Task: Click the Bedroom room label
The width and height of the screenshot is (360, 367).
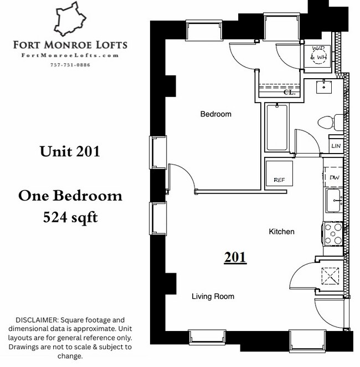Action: pyautogui.click(x=215, y=114)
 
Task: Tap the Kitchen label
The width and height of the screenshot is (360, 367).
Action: pyautogui.click(x=281, y=232)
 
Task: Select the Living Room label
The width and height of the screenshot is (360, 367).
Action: pyautogui.click(x=213, y=297)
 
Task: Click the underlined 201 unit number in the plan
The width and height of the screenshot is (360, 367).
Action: pyautogui.click(x=235, y=257)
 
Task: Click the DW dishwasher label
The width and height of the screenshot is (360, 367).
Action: pyautogui.click(x=334, y=177)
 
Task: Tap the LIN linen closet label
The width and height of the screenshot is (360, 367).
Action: pyautogui.click(x=336, y=146)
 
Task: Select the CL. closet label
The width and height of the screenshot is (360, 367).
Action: pyautogui.click(x=289, y=93)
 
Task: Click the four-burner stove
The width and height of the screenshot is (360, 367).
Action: pyautogui.click(x=334, y=233)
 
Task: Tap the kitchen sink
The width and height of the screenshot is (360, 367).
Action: pyautogui.click(x=334, y=200)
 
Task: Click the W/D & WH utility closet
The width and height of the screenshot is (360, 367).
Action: pyautogui.click(x=319, y=53)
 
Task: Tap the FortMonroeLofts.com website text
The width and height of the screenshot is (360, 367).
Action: pyautogui.click(x=70, y=55)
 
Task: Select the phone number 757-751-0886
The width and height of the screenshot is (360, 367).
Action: pyautogui.click(x=70, y=65)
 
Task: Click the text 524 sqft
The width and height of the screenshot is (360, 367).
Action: pyautogui.click(x=70, y=217)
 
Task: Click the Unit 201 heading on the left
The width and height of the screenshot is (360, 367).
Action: pyautogui.click(x=70, y=151)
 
